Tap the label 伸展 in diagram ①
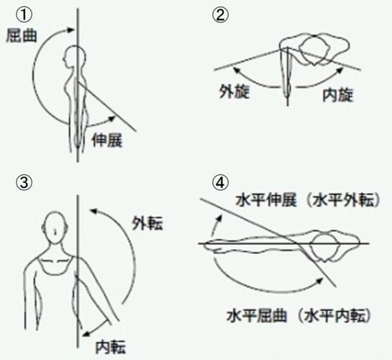[108, 141]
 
